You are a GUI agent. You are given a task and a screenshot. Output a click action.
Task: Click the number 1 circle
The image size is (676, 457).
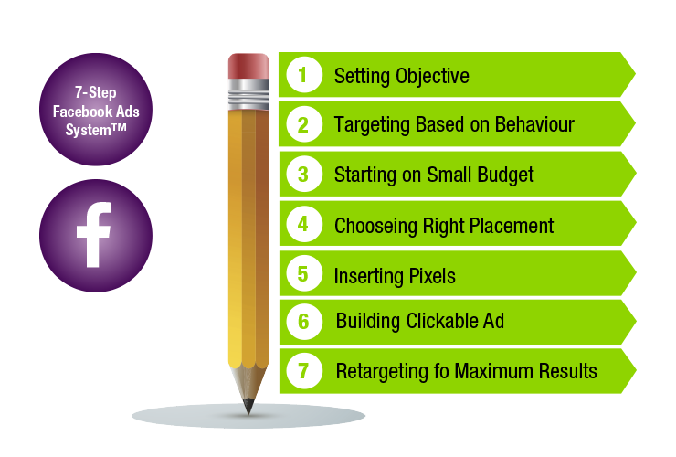pyautogui.click(x=304, y=75)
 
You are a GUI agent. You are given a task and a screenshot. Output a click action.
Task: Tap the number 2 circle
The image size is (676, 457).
pyautogui.click(x=304, y=124)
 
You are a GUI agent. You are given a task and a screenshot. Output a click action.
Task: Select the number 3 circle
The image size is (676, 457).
pyautogui.click(x=304, y=174)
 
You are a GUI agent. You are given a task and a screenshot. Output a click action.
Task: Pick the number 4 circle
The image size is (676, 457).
pyautogui.click(x=304, y=223)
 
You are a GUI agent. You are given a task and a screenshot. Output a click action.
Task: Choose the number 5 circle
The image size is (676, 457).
pyautogui.click(x=304, y=272)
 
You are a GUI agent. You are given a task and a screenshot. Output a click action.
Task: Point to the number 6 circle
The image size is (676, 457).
pyautogui.click(x=304, y=322)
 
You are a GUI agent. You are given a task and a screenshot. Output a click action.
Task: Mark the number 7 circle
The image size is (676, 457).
pyautogui.click(x=304, y=371)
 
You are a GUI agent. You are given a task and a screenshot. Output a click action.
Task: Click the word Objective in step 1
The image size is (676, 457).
pyautogui.click(x=432, y=76)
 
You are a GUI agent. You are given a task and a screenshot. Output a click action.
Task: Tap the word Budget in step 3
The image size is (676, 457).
pyautogui.click(x=502, y=175)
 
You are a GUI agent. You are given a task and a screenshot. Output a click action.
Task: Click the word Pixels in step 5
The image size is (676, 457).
pyautogui.click(x=432, y=274)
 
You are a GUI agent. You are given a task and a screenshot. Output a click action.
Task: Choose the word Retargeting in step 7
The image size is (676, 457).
pyautogui.click(x=381, y=372)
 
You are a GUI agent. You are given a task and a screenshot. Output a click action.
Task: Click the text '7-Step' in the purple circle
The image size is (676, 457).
pyautogui.click(x=95, y=91)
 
